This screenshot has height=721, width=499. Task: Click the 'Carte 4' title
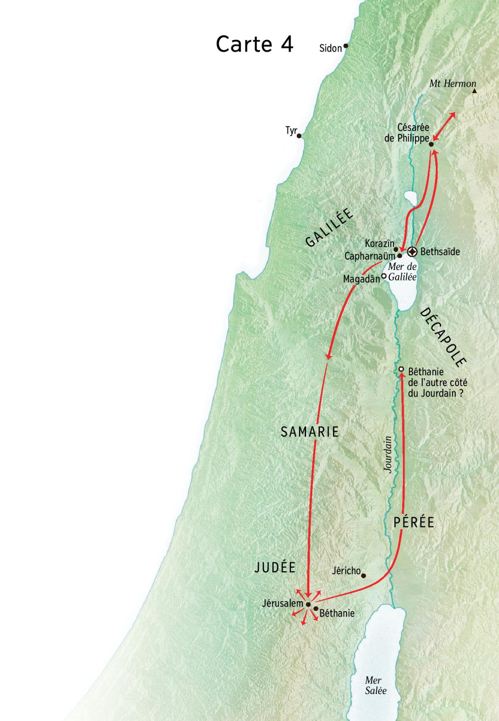(254, 44)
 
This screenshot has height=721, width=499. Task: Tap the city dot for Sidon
(345, 46)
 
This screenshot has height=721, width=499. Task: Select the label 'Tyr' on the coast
(291, 131)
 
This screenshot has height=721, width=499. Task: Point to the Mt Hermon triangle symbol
(474, 90)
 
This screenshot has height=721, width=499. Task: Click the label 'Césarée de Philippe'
(407, 133)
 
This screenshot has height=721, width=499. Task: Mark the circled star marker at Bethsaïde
(412, 252)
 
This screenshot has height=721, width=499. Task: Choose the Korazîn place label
(379, 243)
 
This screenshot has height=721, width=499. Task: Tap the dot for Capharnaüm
(400, 256)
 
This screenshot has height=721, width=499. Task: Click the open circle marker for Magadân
(384, 275)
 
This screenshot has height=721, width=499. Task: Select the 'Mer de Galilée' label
(402, 272)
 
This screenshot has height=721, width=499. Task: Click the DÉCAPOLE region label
(442, 337)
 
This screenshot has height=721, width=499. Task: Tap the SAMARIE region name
(310, 432)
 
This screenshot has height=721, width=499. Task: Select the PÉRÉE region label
(414, 522)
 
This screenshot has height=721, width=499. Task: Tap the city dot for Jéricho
(363, 576)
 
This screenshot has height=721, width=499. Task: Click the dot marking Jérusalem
(308, 604)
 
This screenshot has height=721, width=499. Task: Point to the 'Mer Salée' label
(375, 685)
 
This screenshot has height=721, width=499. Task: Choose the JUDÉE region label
(275, 567)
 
